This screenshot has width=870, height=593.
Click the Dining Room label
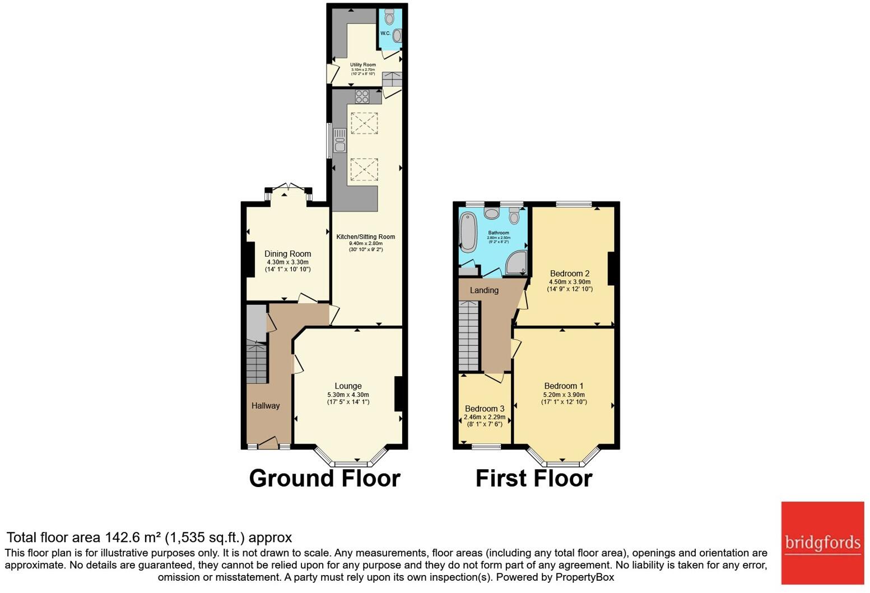tap(287, 254)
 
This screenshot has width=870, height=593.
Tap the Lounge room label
tap(348, 386)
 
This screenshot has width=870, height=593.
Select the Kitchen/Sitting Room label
tap(365, 237)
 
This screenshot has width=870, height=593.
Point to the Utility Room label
tap(363, 65)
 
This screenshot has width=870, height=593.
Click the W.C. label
tap(385, 34)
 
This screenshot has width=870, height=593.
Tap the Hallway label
tap(265, 406)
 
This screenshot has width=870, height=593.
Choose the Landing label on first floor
tap(484, 290)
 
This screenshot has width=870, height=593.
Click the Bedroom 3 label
tap(485, 409)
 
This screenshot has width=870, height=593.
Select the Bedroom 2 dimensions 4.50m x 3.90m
tap(570, 282)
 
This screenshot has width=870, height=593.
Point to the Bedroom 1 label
tap(564, 386)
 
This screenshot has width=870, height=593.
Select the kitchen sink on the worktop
tap(339, 140)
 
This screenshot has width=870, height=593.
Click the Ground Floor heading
tap(324, 478)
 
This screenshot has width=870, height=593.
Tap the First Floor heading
tap(533, 478)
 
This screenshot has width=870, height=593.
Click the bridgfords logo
tap(822, 543)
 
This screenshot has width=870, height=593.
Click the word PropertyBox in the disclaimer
tap(584, 577)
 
